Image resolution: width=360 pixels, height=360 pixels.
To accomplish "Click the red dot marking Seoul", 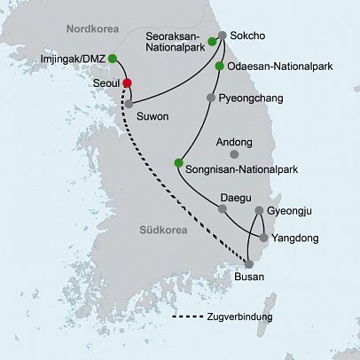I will pos(128,82).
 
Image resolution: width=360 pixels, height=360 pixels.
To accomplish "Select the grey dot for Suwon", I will pos(129,104).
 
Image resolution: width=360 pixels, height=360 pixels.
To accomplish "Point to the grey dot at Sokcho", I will pos(222,36).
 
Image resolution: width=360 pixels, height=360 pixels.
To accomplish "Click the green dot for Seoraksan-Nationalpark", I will pos(213,41).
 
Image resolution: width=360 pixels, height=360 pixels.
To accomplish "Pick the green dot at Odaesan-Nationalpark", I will pos(219,67).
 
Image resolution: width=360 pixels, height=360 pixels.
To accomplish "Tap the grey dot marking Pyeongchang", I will pos(210,98).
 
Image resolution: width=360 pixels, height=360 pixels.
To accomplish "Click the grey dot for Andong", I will pos(234,153).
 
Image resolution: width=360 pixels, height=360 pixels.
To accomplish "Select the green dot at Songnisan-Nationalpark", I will pos(178,163).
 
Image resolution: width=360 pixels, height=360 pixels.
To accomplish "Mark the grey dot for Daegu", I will pos(222,209).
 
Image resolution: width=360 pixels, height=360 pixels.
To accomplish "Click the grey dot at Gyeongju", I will pos(258,211).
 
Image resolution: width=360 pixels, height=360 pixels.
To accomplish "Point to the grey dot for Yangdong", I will pos(263,237).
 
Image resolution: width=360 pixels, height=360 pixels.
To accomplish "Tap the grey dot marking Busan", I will pos(249,264).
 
